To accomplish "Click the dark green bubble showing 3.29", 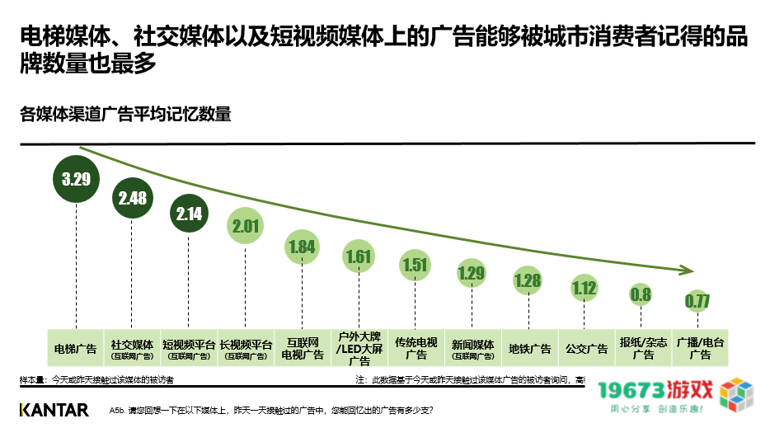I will (x=76, y=177).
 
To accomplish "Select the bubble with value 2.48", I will (x=134, y=198).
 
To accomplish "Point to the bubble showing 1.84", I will (x=302, y=247).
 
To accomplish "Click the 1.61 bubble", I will (x=359, y=256).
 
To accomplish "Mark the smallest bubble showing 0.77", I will (x=697, y=301).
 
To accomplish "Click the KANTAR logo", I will (x=54, y=410).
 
